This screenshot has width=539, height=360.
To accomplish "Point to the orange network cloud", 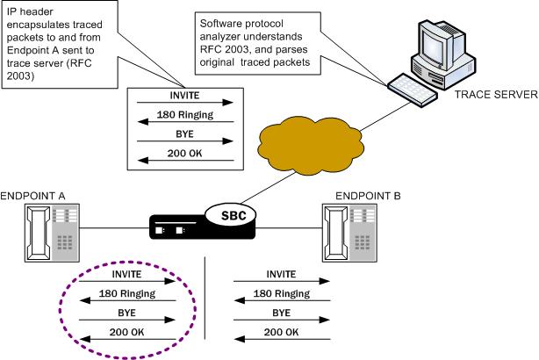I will pos(310,141).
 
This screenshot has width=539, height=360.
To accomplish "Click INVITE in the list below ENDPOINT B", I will pos(282,274).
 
